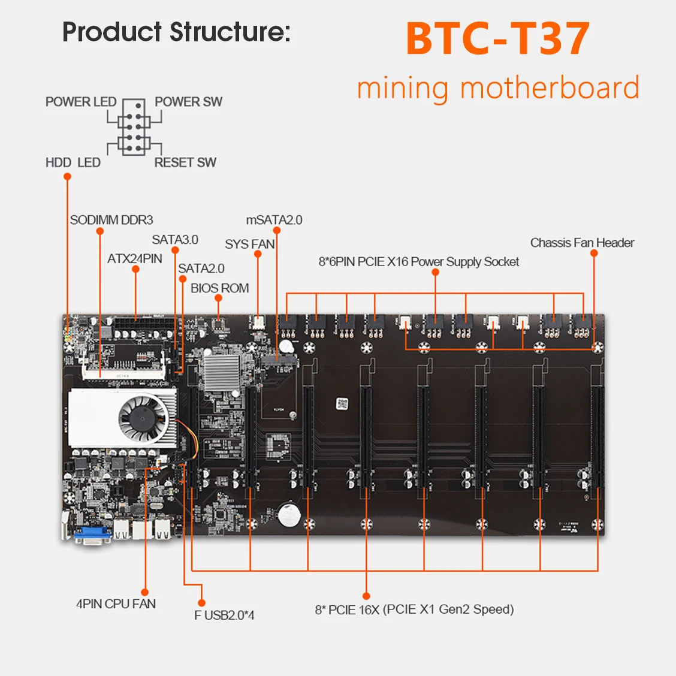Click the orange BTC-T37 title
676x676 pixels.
pos(498,39)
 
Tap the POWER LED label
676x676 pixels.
pos(81,102)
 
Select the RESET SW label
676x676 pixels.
pos(185,162)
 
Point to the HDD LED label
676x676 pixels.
pos(73,162)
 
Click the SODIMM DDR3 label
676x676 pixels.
pos(111,220)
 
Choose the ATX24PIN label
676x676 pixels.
pos(134,259)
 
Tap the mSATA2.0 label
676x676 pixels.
pos(274,220)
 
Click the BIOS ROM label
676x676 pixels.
pos(220,288)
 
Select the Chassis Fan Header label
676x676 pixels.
pos(582,243)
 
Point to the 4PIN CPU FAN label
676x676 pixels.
pos(116,604)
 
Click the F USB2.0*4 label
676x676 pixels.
pos(224,615)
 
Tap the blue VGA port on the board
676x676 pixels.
pos(92,535)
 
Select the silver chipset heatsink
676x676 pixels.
pos(222,373)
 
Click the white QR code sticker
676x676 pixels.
pos(342,404)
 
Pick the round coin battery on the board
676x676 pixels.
pos(289,515)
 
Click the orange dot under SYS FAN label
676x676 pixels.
pos(258,254)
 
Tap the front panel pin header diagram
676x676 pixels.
pos(134,127)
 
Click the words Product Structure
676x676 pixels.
pos(176,32)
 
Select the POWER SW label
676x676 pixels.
pos(188,102)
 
